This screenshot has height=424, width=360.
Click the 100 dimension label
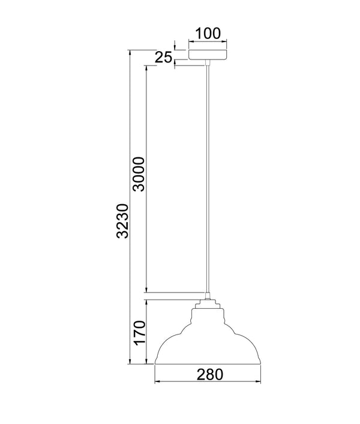click(208, 34)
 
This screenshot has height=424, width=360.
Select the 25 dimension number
click(163, 57)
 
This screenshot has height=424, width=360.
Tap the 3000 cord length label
click(139, 174)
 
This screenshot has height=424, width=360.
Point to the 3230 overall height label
click(122, 221)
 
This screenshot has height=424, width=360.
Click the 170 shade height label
click(140, 333)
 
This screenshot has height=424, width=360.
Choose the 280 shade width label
click(210, 375)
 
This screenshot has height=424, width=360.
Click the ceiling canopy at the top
click(208, 55)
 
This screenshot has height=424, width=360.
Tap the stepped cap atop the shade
click(208, 304)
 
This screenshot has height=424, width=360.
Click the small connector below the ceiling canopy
click(208, 62)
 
